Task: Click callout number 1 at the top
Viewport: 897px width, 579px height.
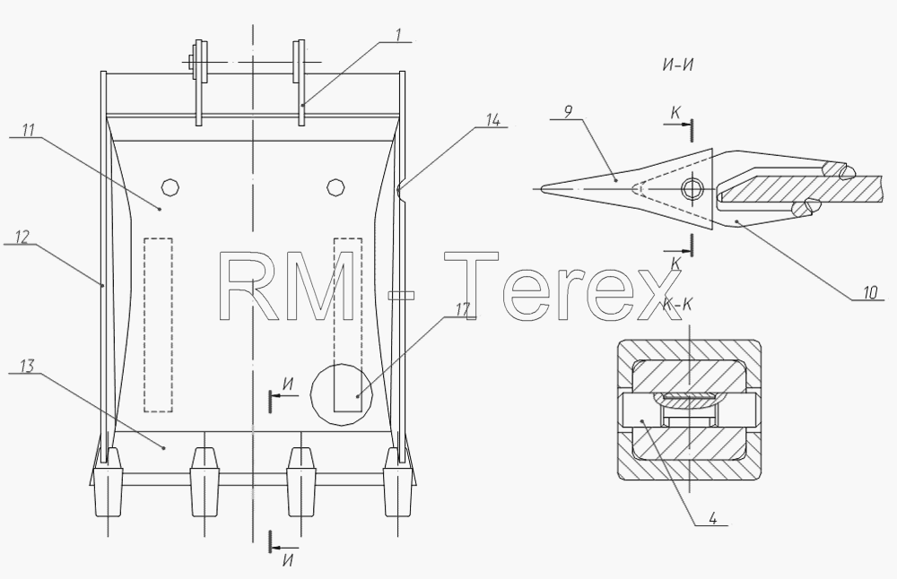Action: [x=399, y=35]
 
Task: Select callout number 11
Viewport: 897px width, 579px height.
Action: [x=28, y=130]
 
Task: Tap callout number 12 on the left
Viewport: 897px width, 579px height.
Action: [x=22, y=237]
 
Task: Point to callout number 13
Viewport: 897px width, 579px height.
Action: [x=27, y=366]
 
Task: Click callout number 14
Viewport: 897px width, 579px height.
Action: [x=492, y=120]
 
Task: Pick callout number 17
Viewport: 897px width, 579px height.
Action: [x=463, y=309]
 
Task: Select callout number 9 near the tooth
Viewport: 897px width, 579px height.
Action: [x=568, y=112]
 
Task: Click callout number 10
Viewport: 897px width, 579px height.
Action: [x=869, y=293]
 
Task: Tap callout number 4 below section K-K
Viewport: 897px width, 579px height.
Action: [x=712, y=518]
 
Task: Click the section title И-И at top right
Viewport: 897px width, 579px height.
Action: [x=678, y=65]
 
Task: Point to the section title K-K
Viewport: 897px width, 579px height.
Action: [x=678, y=304]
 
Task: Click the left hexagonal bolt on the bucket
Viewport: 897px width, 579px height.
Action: [x=170, y=187]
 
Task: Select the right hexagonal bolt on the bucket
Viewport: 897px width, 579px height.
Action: [x=335, y=187]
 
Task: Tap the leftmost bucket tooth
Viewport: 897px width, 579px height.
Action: [x=108, y=482]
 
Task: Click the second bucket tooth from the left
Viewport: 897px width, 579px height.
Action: [x=205, y=482]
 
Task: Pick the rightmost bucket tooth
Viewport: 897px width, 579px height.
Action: [x=399, y=482]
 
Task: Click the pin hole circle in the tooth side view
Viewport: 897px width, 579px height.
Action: [x=692, y=188]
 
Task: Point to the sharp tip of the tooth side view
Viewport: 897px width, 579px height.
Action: [x=541, y=188]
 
